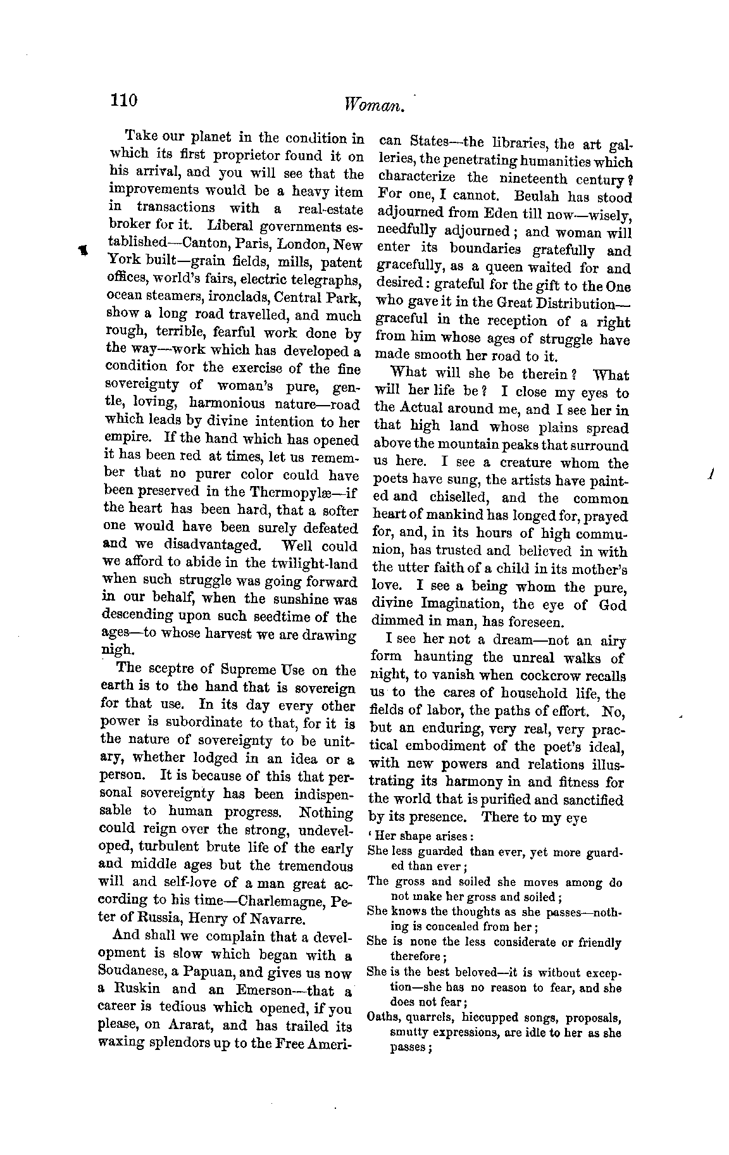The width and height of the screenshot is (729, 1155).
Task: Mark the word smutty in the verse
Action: (409, 1033)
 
